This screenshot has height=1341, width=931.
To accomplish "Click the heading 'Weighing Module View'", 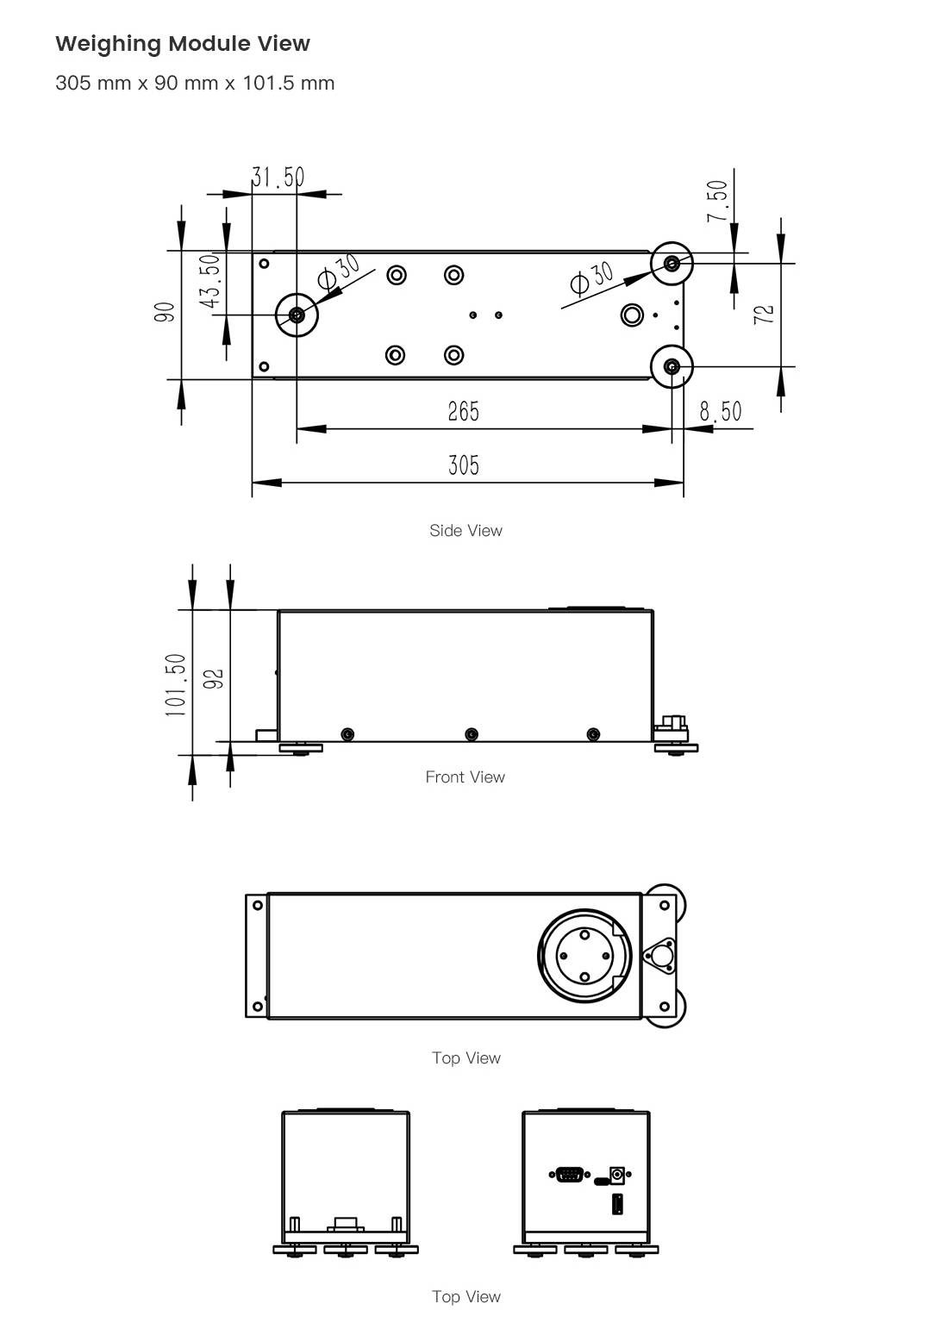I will [183, 44].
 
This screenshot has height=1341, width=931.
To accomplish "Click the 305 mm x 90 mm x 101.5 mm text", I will [195, 84].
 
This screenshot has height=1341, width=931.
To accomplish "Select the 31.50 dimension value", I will [278, 178].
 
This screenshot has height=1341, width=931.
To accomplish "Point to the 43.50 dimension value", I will [210, 281].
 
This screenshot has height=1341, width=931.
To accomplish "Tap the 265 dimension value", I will [463, 412].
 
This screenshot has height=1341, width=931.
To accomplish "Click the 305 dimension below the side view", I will [463, 465].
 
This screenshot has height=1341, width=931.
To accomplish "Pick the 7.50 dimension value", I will [717, 201].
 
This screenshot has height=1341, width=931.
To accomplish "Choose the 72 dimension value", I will [764, 314].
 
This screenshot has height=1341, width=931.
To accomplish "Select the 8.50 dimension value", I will [720, 412].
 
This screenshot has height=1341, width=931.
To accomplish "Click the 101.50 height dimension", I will [176, 685].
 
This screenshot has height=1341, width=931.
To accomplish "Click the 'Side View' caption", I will [465, 531].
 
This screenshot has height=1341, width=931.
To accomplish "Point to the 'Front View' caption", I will [465, 777].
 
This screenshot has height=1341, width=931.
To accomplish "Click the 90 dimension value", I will [166, 312].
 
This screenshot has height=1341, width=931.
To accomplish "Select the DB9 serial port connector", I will [569, 1174].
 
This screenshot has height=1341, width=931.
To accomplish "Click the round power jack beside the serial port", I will [617, 1174].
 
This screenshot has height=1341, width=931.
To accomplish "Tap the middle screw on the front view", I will [471, 734].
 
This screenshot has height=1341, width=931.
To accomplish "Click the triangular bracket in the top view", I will [661, 955].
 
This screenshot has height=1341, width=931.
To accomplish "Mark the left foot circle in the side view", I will [297, 315].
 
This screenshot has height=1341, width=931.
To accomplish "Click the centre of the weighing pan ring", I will [584, 955].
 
